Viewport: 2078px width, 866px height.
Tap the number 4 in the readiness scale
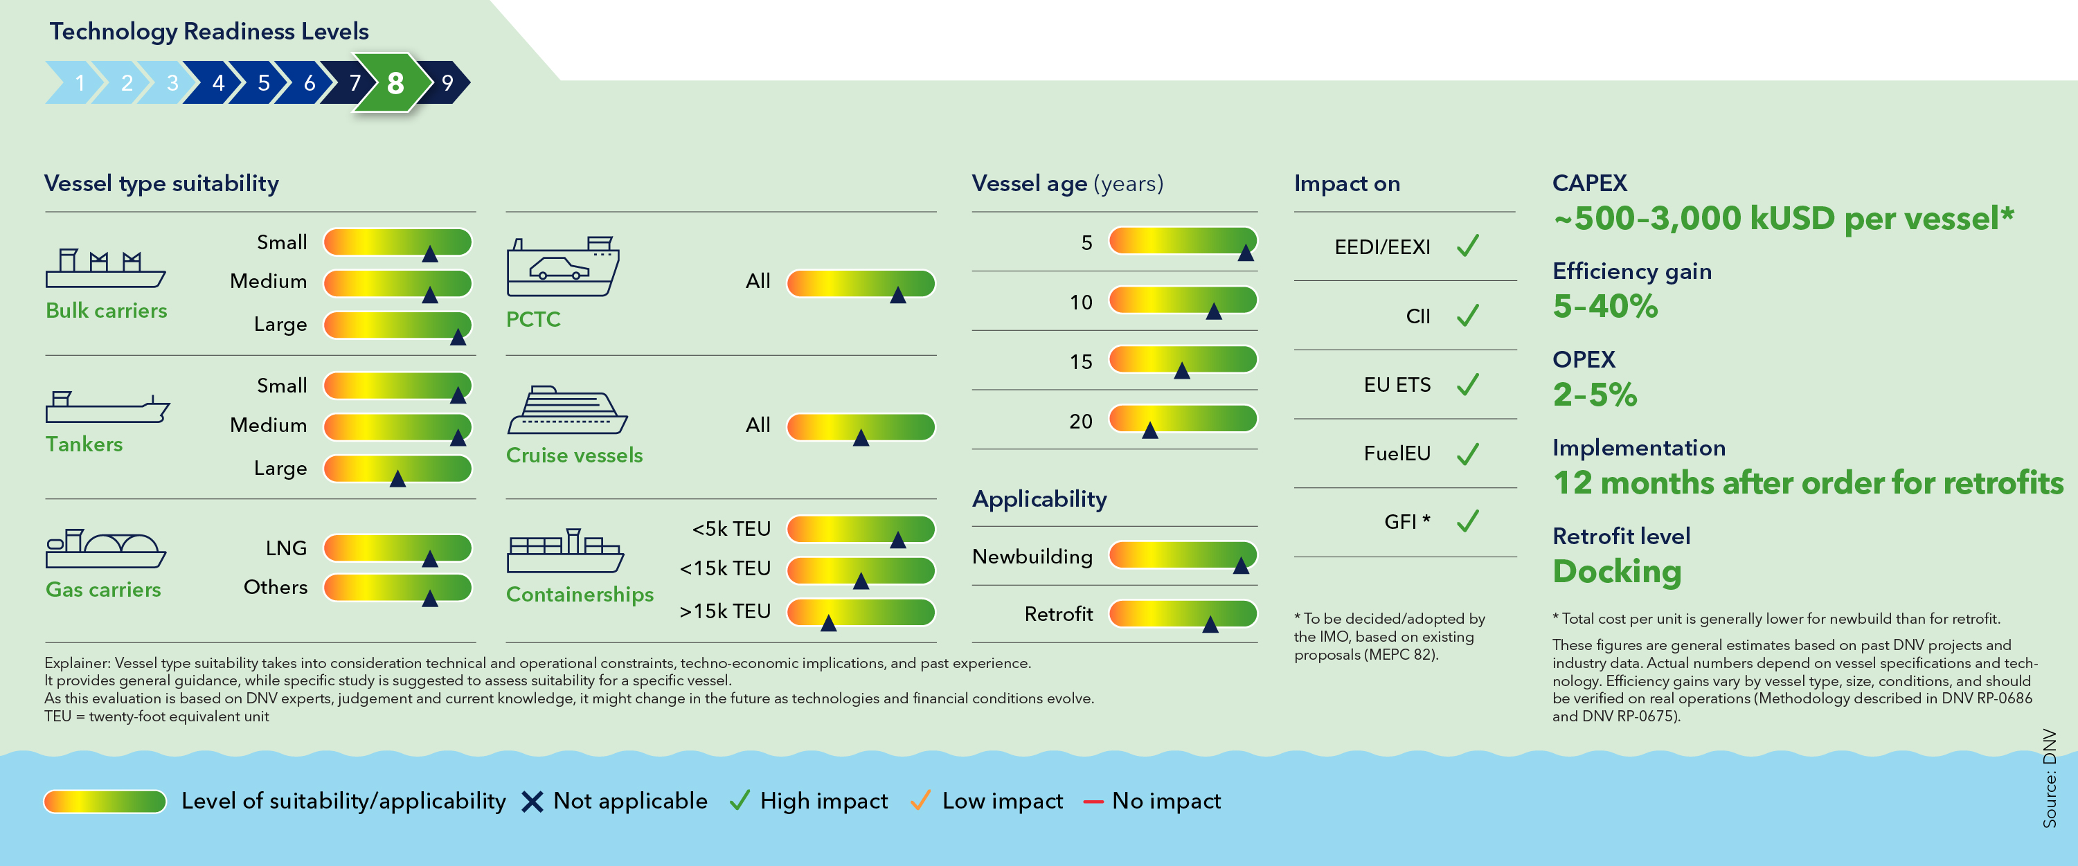[218, 83]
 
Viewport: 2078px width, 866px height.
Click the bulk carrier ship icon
[105, 269]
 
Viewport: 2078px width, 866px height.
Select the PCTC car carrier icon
[562, 267]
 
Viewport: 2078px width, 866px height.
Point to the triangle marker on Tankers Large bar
[397, 479]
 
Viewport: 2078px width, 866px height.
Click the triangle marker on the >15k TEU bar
[828, 622]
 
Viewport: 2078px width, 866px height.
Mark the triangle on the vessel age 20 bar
[1150, 431]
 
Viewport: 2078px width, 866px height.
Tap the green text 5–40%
[1604, 307]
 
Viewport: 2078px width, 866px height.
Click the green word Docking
[1617, 571]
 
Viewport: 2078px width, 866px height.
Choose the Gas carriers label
[103, 589]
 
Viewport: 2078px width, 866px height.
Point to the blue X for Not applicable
[532, 802]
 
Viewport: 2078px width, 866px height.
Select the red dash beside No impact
[1093, 802]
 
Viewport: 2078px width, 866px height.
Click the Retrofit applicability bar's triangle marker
[1210, 624]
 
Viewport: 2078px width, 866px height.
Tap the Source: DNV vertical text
[2049, 777]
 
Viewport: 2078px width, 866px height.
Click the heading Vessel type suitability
[161, 184]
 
